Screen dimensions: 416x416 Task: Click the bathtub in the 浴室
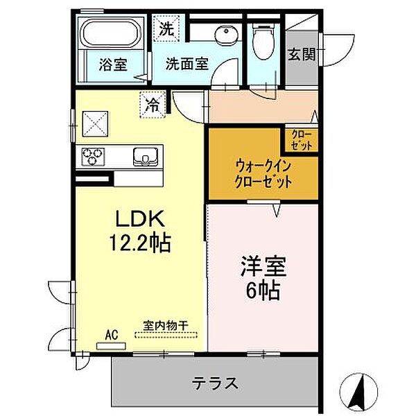[x=110, y=35]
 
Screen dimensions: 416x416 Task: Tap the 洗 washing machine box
[x=166, y=29]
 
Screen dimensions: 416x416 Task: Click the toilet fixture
[x=263, y=39]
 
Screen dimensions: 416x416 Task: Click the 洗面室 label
[x=187, y=64]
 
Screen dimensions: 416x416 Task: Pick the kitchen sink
[x=146, y=157]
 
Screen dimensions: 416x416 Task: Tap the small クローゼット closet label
[x=299, y=139]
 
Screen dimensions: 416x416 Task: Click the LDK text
[x=139, y=220]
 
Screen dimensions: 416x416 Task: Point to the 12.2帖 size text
[x=139, y=243]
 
